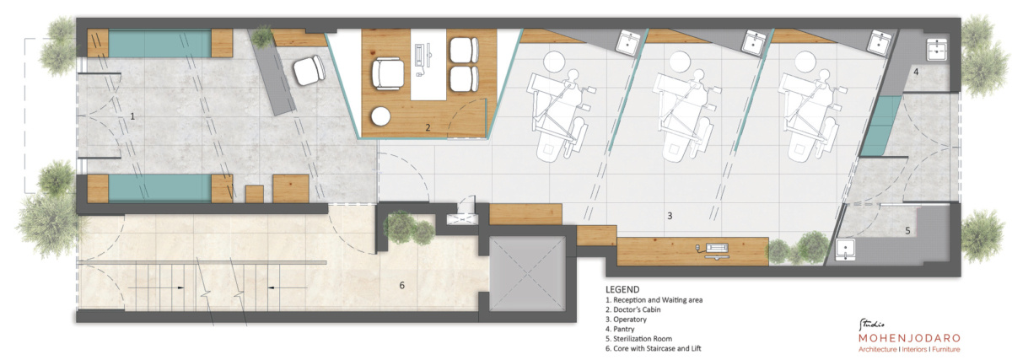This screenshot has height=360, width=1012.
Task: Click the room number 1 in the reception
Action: point(132,116)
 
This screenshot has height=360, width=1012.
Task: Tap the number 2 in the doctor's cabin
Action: point(428,128)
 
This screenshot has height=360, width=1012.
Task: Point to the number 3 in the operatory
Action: point(670,216)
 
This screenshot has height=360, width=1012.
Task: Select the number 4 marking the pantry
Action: point(916,72)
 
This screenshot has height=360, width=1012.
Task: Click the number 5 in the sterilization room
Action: point(907,231)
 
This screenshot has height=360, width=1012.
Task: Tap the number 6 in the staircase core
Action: point(401,285)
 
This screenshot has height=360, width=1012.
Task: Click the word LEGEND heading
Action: point(622,289)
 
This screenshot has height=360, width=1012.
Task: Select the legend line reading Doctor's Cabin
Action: point(633,309)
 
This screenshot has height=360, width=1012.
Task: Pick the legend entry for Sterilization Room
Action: point(639,338)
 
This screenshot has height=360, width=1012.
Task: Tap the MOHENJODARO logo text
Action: point(909,338)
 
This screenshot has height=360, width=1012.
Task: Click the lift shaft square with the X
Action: point(527,274)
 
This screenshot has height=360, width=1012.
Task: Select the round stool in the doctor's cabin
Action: point(380,116)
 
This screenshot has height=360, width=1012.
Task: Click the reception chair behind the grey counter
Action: point(309,70)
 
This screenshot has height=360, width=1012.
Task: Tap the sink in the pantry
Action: point(938,50)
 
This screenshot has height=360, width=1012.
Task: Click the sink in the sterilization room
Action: point(845,250)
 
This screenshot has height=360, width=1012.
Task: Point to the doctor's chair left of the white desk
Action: point(388,73)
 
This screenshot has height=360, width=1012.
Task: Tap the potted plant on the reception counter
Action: point(261,37)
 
